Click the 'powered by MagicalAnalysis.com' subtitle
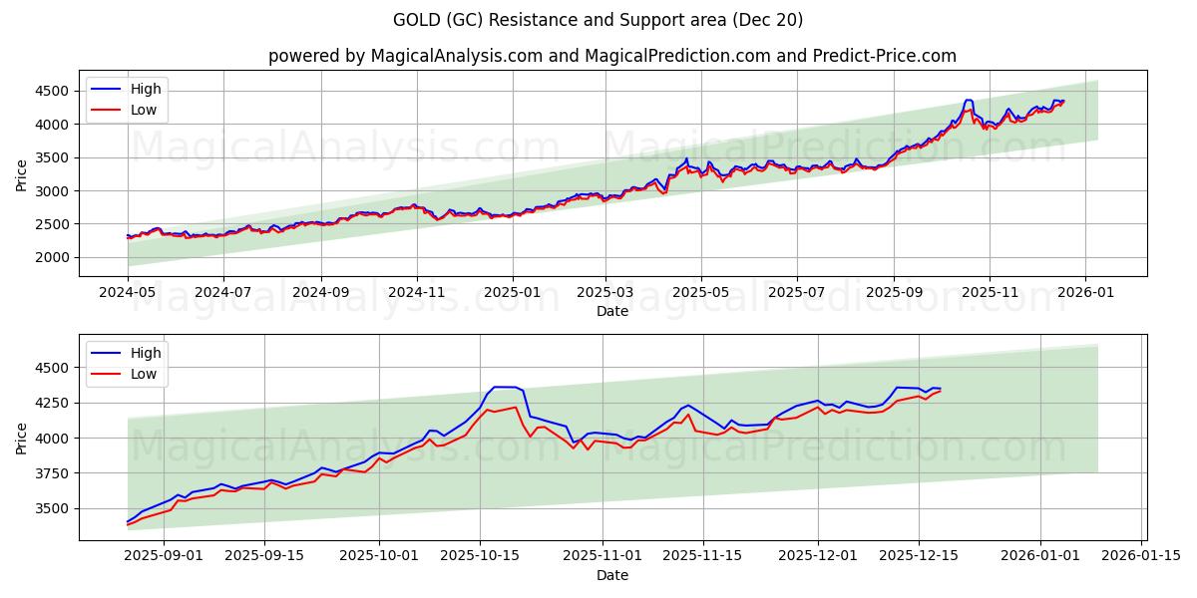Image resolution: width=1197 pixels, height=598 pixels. (x=611, y=56)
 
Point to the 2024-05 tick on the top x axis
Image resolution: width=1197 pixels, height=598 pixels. (x=128, y=293)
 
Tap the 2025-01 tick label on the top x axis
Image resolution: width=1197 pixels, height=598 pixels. (x=512, y=293)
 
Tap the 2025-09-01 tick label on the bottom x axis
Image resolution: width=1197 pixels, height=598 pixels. (x=164, y=556)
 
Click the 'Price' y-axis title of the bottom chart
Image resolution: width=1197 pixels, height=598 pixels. (x=22, y=438)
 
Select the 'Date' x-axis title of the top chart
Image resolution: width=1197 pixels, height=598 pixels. (x=611, y=311)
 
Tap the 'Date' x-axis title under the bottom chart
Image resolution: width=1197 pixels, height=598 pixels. (x=611, y=575)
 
